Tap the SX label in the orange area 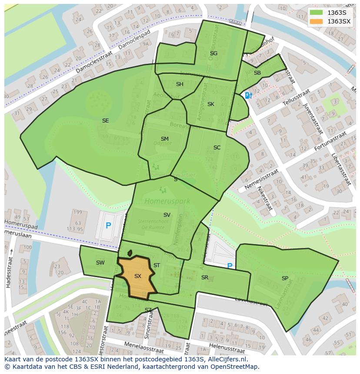[138, 276]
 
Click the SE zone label [105, 121]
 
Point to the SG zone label [213, 53]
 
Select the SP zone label [285, 278]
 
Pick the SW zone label [100, 263]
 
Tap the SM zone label [164, 139]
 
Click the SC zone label [217, 148]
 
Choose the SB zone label [257, 73]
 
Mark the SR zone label [205, 278]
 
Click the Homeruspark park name [162, 201]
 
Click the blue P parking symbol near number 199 [108, 226]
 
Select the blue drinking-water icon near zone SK [247, 95]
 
